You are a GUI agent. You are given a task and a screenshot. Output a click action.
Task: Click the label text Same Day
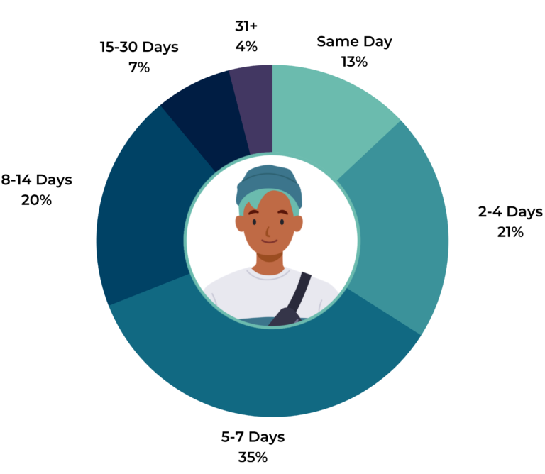[354, 41]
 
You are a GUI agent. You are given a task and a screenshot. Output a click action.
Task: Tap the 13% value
[354, 62]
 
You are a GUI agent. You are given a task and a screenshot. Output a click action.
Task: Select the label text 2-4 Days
[510, 211]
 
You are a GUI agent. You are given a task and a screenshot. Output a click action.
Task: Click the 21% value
[510, 232]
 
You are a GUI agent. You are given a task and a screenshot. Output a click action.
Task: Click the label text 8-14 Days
[36, 180]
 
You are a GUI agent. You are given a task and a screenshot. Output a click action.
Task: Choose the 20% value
[36, 200]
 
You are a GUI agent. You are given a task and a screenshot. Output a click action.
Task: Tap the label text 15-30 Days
[138, 48]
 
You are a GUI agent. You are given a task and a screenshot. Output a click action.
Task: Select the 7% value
[138, 68]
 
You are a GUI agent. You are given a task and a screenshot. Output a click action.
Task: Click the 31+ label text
[246, 26]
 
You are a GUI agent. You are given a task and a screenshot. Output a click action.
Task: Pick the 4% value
[246, 47]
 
